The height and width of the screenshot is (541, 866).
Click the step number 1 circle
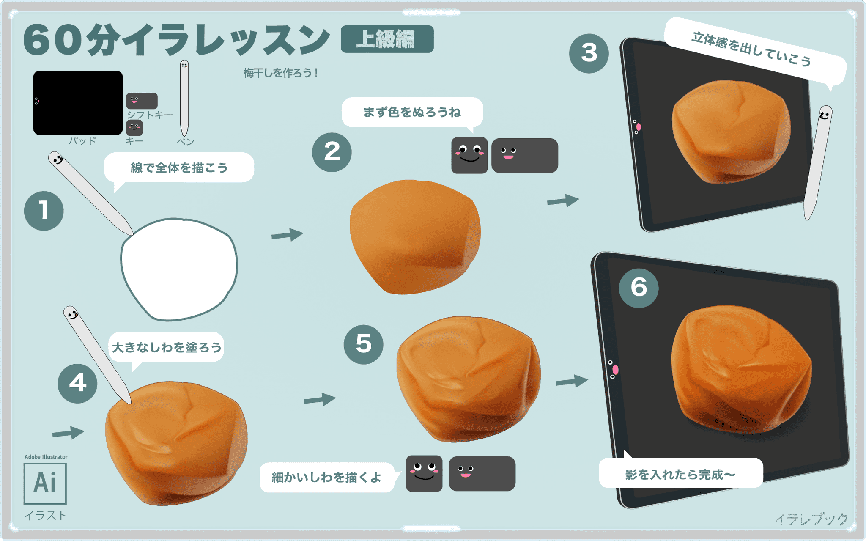pyautogui.click(x=44, y=211)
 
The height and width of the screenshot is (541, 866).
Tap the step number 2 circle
pyautogui.click(x=332, y=152)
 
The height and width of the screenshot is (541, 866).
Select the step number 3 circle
pyautogui.click(x=589, y=53)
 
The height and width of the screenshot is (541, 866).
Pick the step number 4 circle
pyautogui.click(x=78, y=383)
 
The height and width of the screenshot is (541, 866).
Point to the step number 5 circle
pyautogui.click(x=364, y=344)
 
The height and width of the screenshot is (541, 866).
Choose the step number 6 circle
pyautogui.click(x=639, y=288)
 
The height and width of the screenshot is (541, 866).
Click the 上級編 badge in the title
pyautogui.click(x=387, y=39)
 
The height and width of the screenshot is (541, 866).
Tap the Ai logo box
pyautogui.click(x=45, y=483)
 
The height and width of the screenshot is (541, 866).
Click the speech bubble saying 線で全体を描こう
pyautogui.click(x=179, y=168)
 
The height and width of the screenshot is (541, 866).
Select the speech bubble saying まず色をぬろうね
pyautogui.click(x=412, y=113)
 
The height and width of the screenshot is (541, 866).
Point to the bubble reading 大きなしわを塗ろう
pyautogui.click(x=166, y=347)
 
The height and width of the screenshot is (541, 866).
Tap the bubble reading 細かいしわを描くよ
pyautogui.click(x=326, y=478)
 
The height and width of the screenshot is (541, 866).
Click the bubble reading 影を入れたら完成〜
pyautogui.click(x=680, y=474)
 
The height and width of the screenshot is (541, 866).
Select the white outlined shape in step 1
pyautogui.click(x=179, y=269)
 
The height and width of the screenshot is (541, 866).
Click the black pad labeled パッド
pyautogui.click(x=78, y=103)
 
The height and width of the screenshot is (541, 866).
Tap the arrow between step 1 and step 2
pyautogui.click(x=288, y=235)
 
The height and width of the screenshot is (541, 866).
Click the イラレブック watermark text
pyautogui.click(x=811, y=519)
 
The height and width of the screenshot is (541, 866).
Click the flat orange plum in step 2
pyautogui.click(x=414, y=237)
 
